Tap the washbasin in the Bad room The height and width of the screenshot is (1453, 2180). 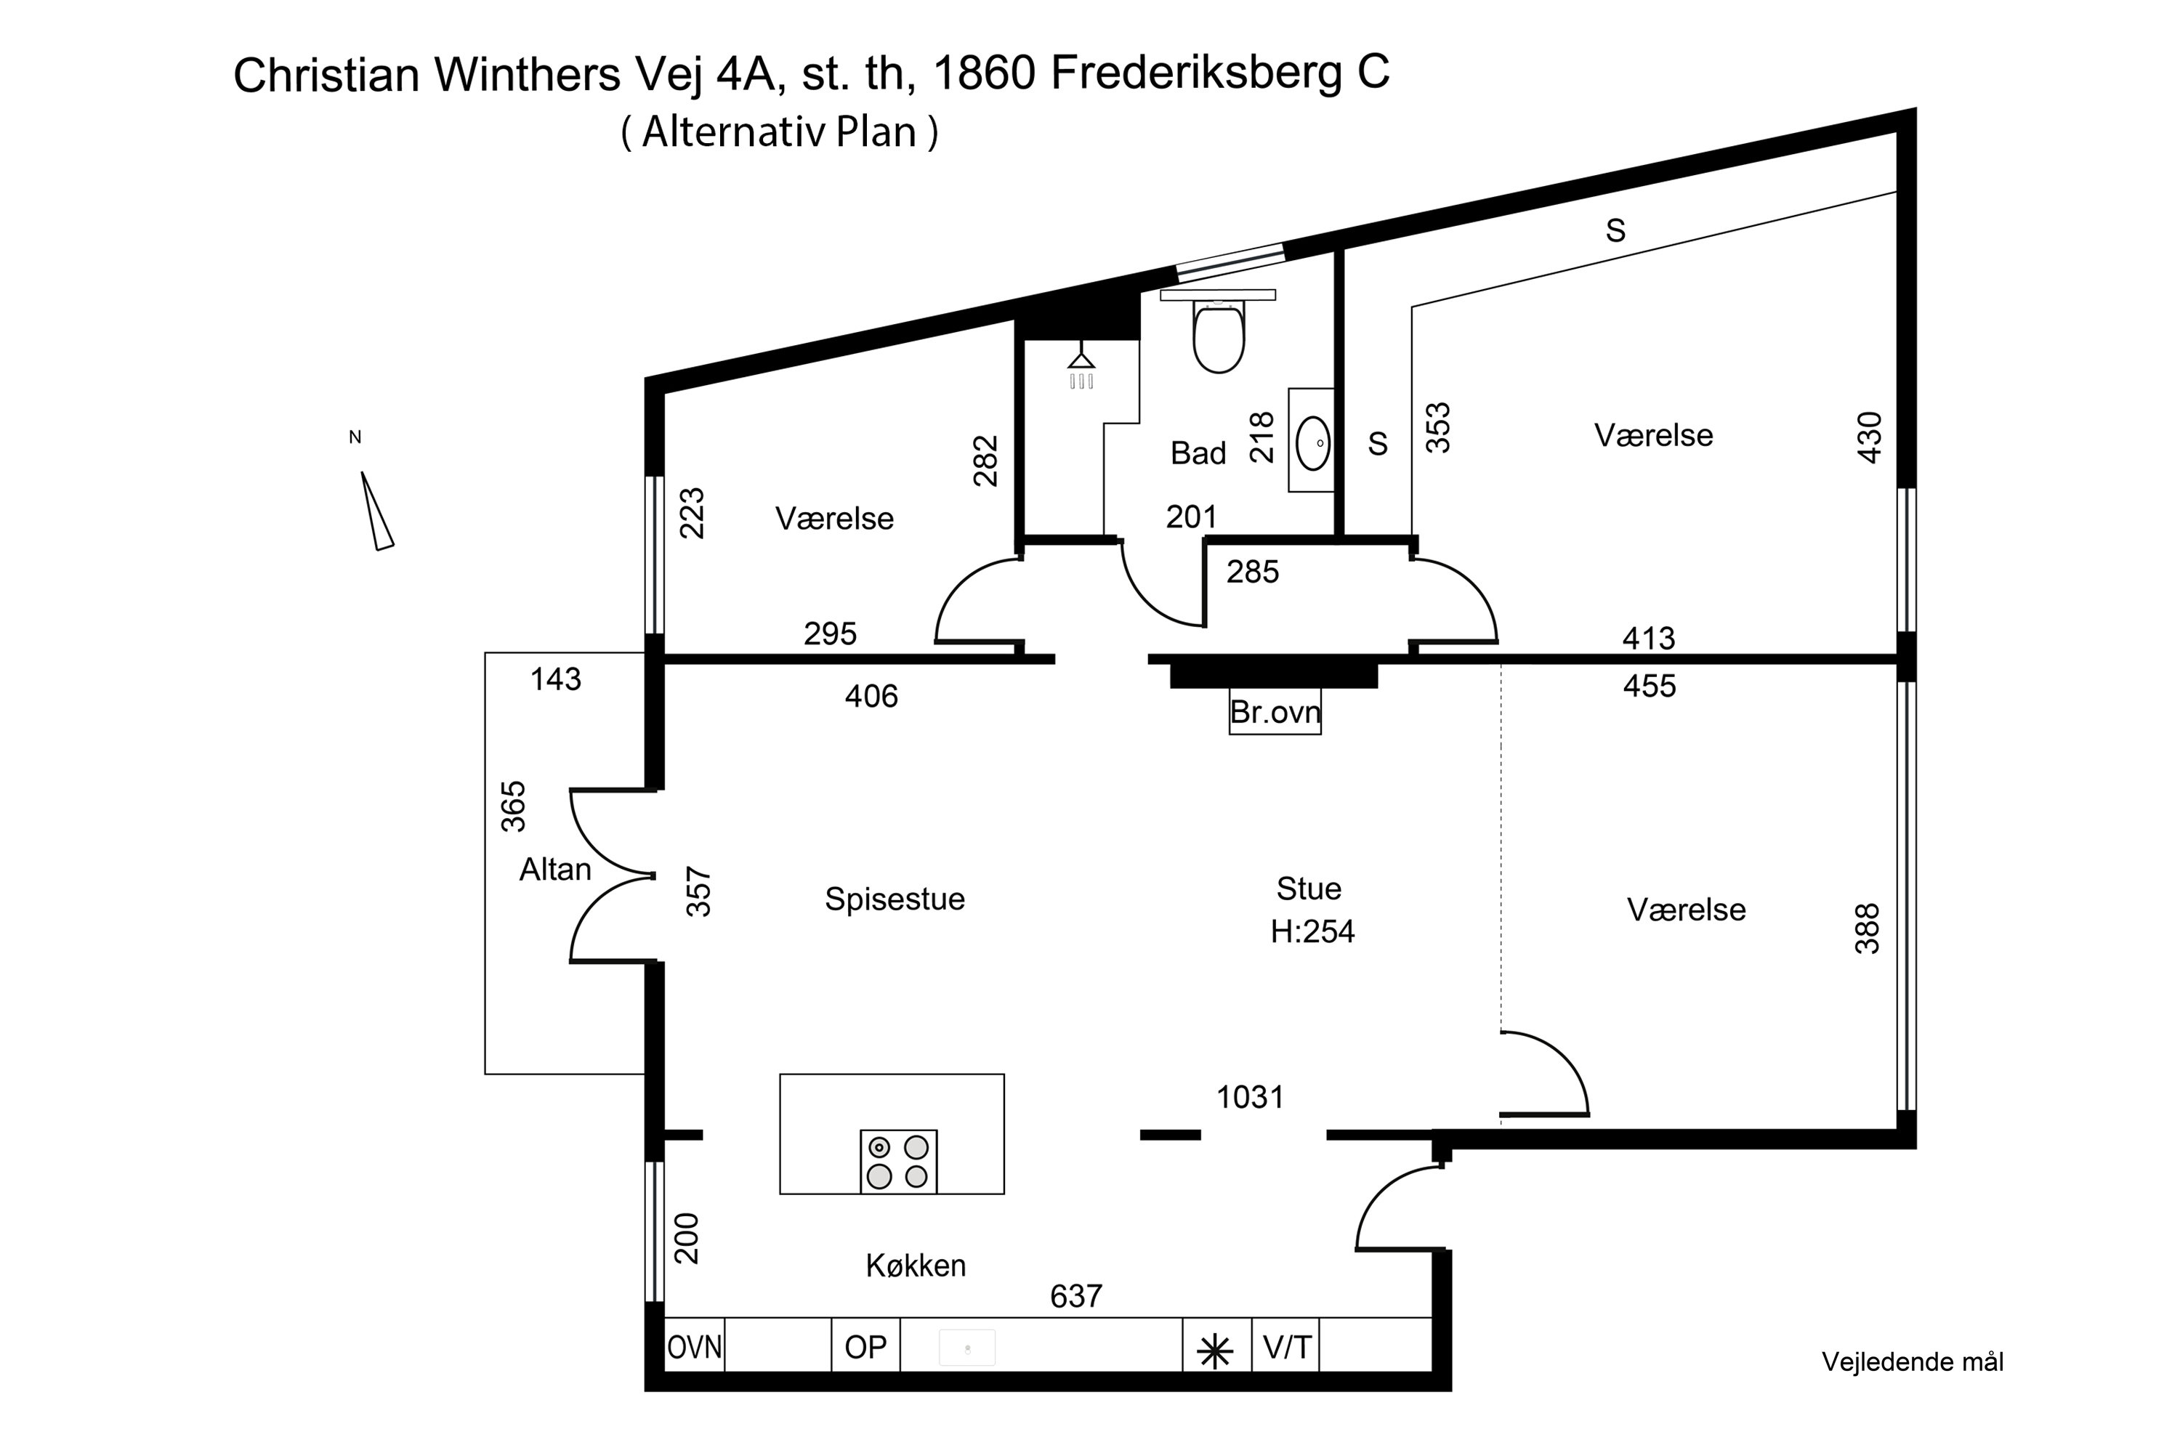tap(1312, 443)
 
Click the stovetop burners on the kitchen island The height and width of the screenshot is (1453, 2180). tap(897, 1161)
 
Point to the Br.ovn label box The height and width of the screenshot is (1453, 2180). tap(1275, 712)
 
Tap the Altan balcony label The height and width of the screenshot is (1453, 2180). tap(554, 869)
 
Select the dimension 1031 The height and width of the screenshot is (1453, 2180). tap(1249, 1097)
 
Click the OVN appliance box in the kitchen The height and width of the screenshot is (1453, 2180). tap(694, 1346)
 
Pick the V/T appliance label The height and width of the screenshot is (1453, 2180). tap(1286, 1346)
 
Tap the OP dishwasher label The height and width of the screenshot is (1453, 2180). tap(865, 1346)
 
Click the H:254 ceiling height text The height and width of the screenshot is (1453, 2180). tap(1312, 931)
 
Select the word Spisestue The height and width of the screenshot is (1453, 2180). tap(895, 899)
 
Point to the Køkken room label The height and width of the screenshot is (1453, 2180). tap(916, 1265)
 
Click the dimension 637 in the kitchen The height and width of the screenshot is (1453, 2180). tap(1075, 1295)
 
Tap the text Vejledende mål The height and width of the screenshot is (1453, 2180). tap(1912, 1361)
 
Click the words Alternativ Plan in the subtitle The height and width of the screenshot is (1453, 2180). tap(778, 131)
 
